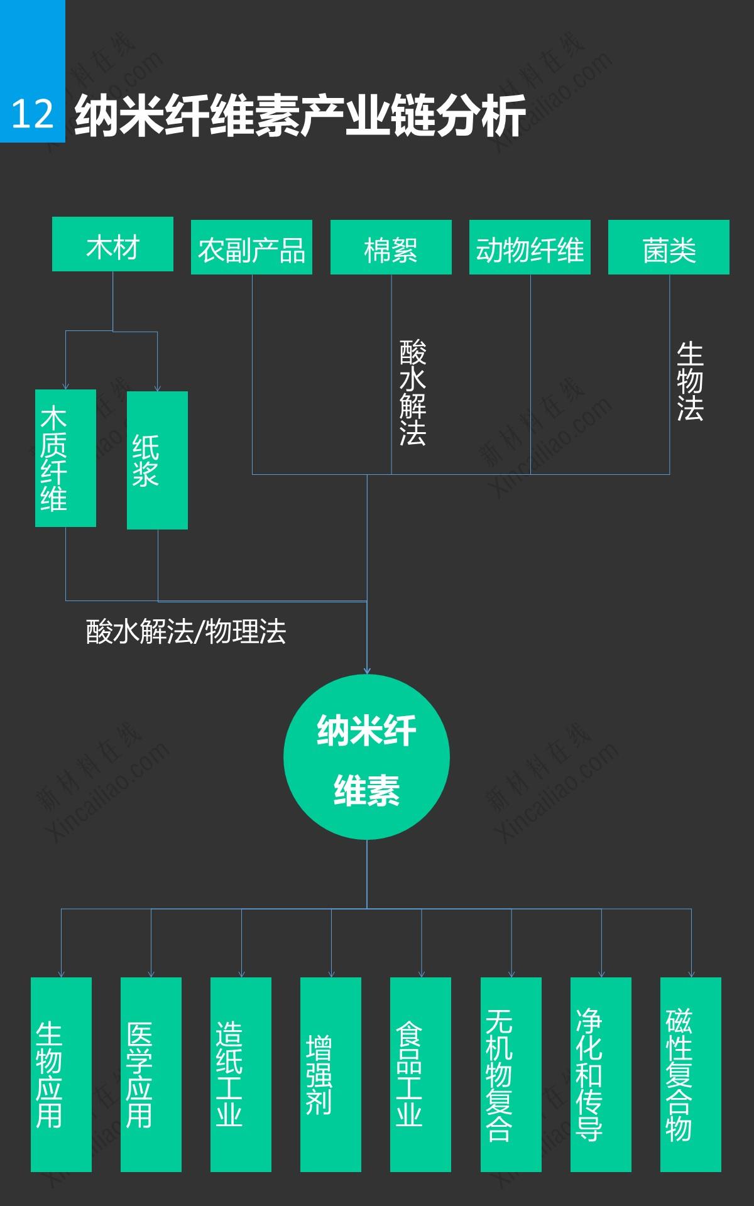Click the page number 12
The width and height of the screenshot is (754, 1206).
click(33, 114)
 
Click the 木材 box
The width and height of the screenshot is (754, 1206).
click(112, 244)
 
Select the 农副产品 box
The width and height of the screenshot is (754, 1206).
click(251, 247)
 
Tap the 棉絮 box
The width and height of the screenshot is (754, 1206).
click(391, 247)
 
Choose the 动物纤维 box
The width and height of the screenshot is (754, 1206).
click(530, 247)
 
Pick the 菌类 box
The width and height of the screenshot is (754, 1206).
click(669, 247)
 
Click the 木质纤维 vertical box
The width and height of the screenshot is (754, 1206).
click(65, 458)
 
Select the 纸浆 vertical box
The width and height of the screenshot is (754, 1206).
click(157, 460)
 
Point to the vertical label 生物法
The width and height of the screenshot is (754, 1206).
click(690, 381)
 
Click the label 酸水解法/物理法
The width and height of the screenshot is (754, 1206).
click(186, 631)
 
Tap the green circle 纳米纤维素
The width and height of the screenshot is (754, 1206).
click(367, 758)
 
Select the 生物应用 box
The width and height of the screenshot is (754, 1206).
click(61, 1075)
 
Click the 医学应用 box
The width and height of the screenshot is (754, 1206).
click(151, 1075)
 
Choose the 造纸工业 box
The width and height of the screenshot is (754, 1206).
click(241, 1075)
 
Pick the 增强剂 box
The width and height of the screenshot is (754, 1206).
click(331, 1075)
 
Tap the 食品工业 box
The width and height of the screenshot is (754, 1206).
click(420, 1075)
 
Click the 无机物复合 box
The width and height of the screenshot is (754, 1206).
click(511, 1075)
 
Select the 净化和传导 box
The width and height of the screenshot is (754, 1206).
click(601, 1075)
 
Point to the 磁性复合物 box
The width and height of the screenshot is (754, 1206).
click(691, 1075)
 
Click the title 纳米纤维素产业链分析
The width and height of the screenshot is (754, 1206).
click(300, 116)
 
